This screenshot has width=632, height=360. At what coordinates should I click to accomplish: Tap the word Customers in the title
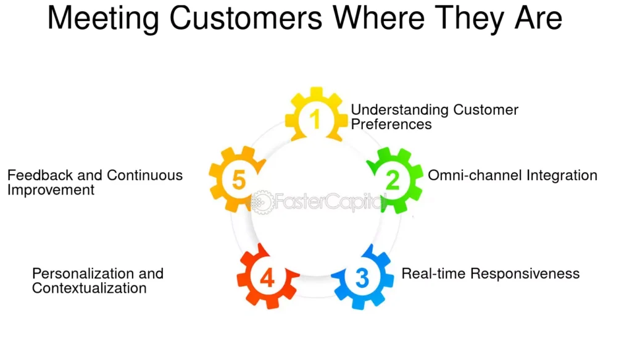click(246, 19)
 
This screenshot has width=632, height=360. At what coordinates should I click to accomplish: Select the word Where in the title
click(378, 18)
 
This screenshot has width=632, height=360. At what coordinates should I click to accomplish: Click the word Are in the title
click(538, 18)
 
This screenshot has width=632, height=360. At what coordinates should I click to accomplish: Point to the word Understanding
click(399, 110)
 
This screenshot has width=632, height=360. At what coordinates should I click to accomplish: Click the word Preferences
click(391, 124)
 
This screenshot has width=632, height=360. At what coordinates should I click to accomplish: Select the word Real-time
click(434, 274)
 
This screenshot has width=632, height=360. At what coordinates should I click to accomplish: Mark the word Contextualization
click(89, 288)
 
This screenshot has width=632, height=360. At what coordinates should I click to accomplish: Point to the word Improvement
click(51, 190)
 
